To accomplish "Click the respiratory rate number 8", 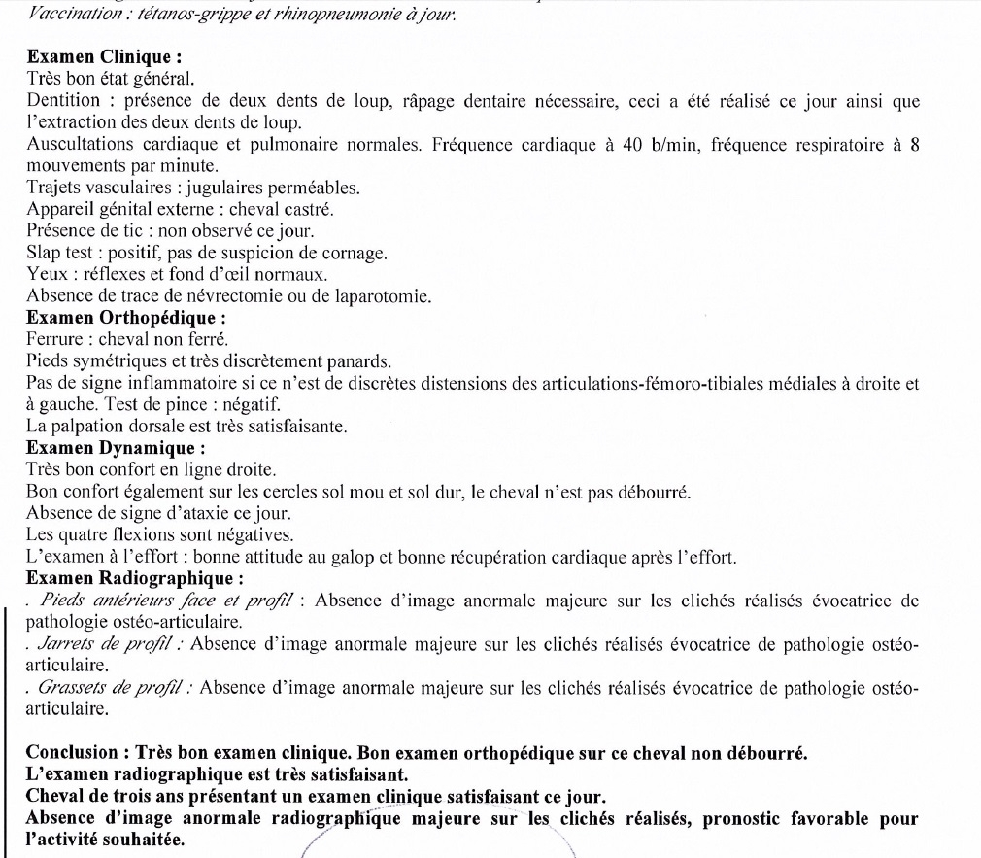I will pyautogui.click(x=914, y=145).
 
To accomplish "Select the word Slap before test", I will pyautogui.click(x=44, y=253).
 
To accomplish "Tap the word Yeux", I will pyautogui.click(x=44, y=274).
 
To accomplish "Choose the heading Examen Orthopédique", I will pyautogui.click(x=127, y=317).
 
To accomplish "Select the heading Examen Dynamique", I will pyautogui.click(x=116, y=448).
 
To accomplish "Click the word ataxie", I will pyautogui.click(x=216, y=513).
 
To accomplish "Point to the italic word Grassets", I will pyautogui.click(x=73, y=688).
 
